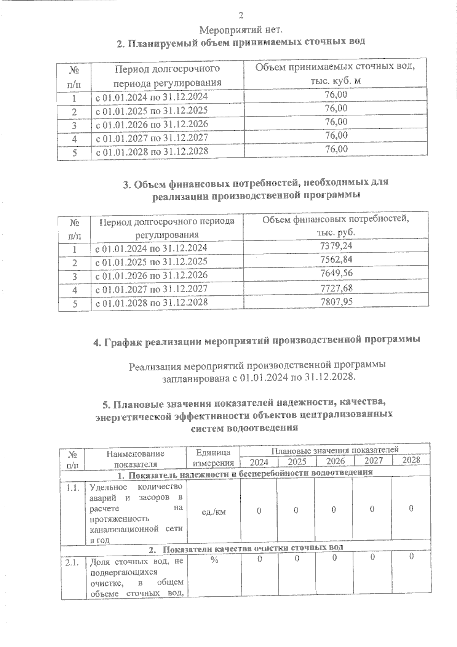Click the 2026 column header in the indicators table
[335, 461]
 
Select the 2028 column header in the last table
[411, 460]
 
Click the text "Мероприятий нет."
[241, 29]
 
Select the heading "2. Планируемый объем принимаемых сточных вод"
[241, 42]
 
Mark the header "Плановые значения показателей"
[335, 450]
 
